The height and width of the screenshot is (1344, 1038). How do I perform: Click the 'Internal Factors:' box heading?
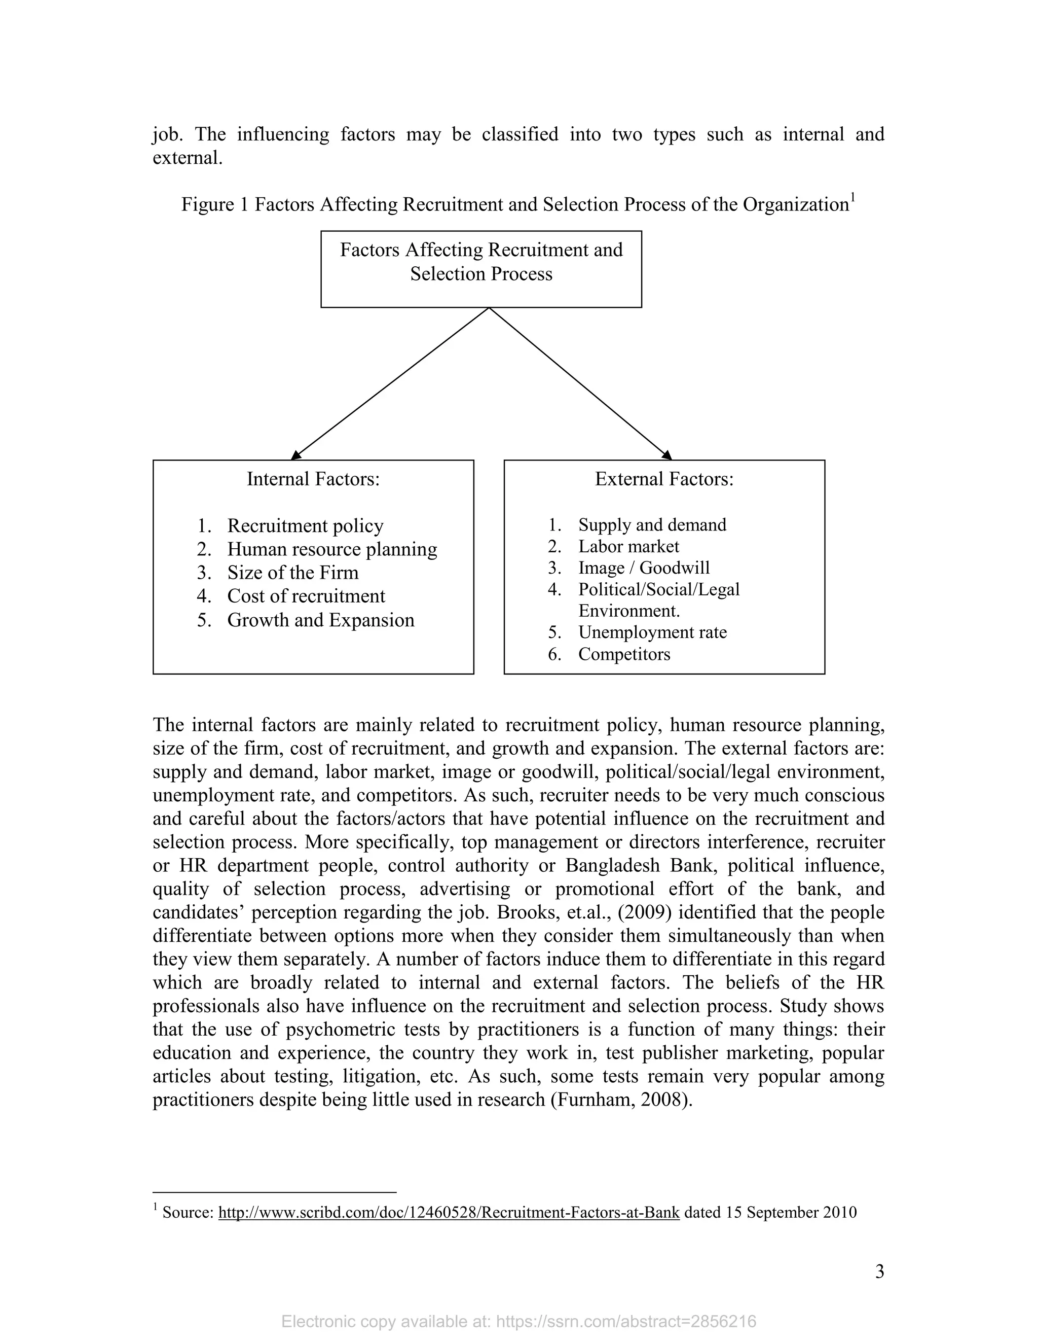click(313, 479)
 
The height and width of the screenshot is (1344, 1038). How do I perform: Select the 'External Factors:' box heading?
click(664, 479)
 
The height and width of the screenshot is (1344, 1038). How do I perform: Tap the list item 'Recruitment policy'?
click(305, 525)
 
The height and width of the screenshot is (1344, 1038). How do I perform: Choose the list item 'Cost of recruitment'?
click(306, 596)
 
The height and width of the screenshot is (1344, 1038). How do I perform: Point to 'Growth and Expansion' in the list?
click(320, 620)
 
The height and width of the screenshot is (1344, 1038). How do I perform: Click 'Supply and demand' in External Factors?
click(652, 525)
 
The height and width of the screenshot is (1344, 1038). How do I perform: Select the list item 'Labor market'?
click(628, 546)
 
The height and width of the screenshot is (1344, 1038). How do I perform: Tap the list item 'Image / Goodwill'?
click(644, 568)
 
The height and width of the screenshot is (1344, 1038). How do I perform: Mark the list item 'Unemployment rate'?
click(652, 632)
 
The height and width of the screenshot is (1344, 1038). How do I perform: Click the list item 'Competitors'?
click(624, 654)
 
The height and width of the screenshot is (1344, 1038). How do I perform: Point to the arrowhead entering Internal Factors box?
click(296, 455)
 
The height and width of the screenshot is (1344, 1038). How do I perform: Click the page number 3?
click(879, 1271)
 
